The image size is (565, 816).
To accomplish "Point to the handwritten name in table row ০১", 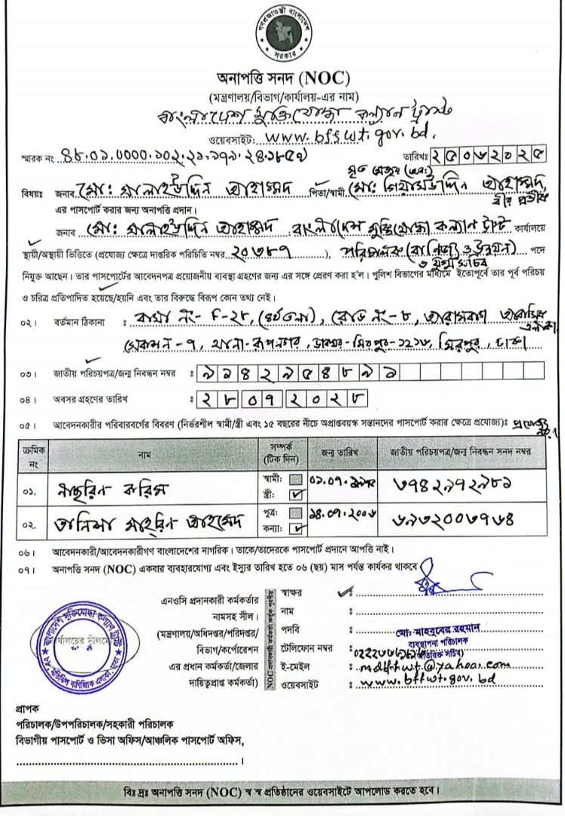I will (x=113, y=487).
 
